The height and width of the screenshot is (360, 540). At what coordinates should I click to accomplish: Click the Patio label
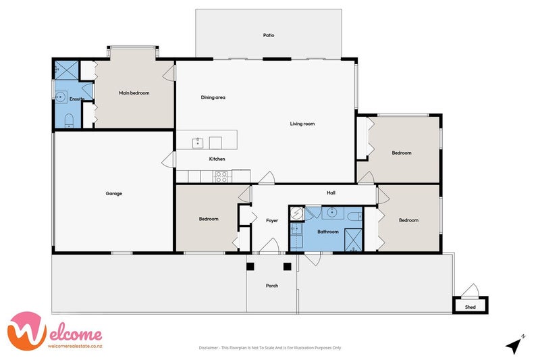coord(269,35)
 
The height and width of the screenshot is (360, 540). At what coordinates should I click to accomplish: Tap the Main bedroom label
coord(134,93)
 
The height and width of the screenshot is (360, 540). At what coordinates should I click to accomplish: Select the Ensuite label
coord(76,99)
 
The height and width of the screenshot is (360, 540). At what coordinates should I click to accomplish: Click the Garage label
coord(113,194)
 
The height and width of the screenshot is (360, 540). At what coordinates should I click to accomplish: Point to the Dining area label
coord(213,97)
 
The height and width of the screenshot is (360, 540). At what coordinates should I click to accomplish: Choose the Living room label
coord(302,124)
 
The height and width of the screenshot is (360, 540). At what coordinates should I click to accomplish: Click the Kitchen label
coord(217,159)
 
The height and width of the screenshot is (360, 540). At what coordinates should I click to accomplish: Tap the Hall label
coord(331,193)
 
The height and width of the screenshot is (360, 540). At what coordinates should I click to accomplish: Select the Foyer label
coord(272,220)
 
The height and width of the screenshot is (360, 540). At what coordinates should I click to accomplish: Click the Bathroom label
coord(327,232)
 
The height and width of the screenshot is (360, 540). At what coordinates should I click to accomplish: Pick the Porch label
coord(272,286)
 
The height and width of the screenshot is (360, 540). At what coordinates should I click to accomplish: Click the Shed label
coord(470,307)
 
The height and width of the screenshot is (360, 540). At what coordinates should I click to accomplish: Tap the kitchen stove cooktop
coord(221,176)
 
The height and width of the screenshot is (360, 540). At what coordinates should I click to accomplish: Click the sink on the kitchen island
coord(198,143)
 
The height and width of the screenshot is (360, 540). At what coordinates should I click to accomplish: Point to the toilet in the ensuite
coord(69,121)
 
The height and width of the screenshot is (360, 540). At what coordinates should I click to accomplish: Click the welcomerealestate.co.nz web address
coord(75,346)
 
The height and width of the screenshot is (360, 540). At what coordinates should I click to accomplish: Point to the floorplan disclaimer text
coord(270,348)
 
